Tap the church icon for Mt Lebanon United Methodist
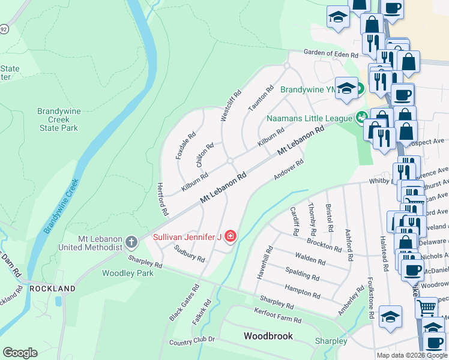click(x=131, y=242)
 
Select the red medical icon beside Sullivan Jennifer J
click(x=230, y=238)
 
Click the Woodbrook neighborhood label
click(x=268, y=336)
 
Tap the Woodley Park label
click(x=127, y=273)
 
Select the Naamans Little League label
click(x=309, y=118)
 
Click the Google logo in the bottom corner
click(x=20, y=353)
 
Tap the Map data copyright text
click(x=412, y=355)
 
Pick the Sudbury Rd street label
click(x=189, y=254)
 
